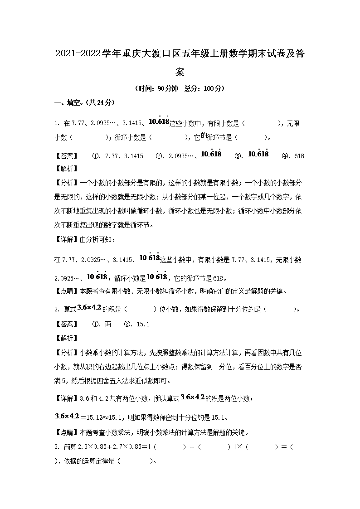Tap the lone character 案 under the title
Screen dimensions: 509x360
click(x=180, y=72)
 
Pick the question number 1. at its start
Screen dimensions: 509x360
click(x=57, y=123)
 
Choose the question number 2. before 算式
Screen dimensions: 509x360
click(x=57, y=310)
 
